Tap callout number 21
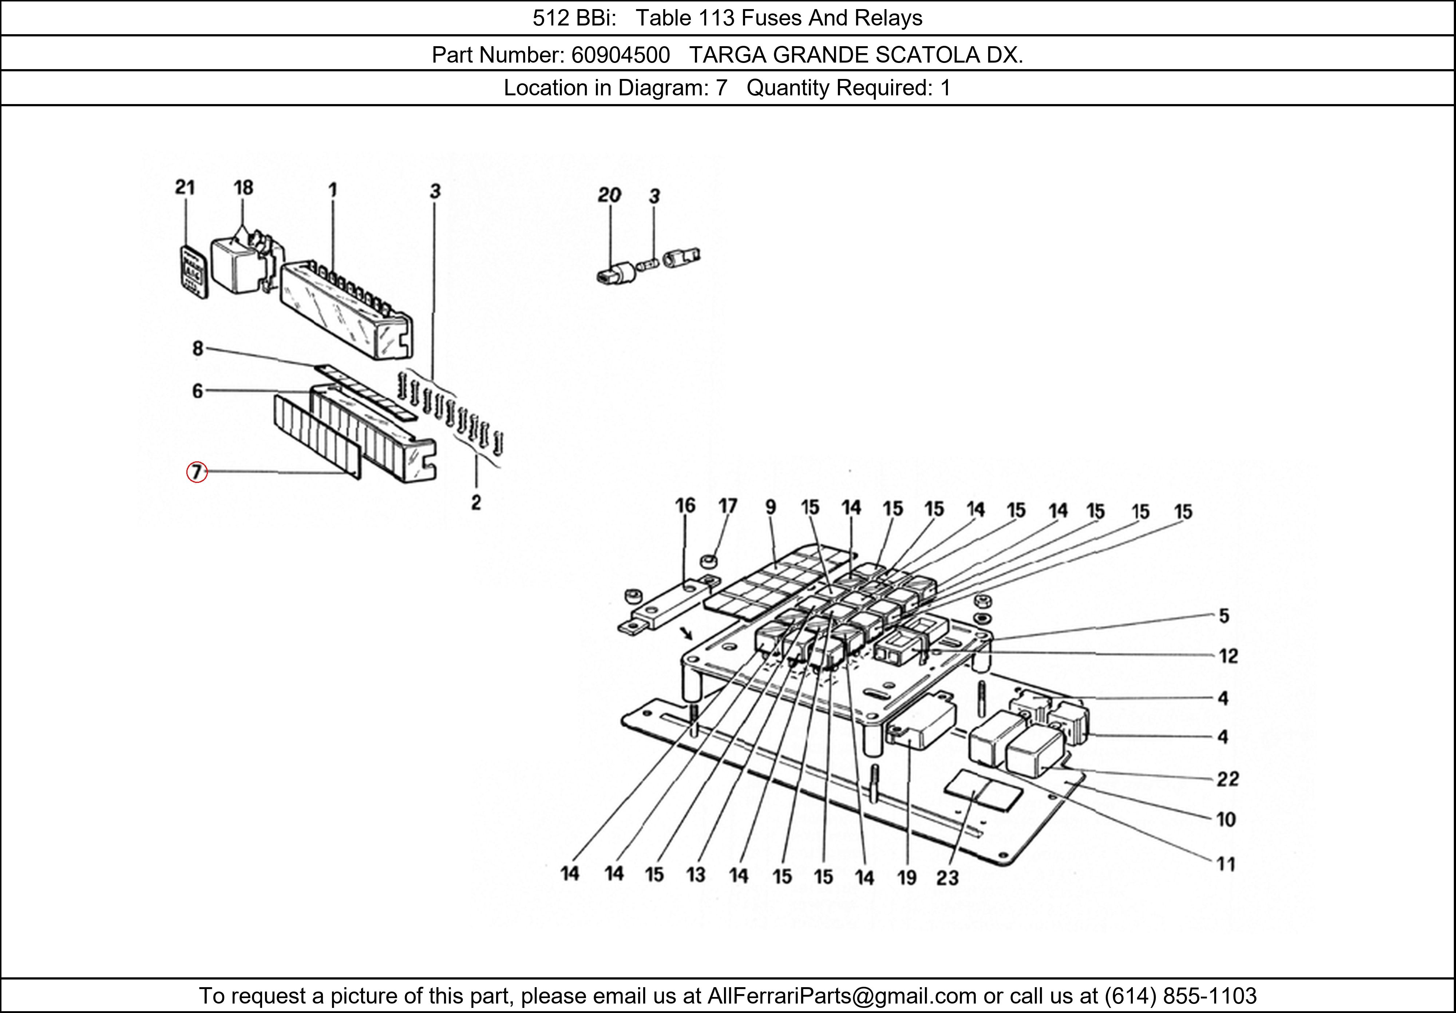coord(185,188)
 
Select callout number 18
coord(243,188)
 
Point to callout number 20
coord(609,195)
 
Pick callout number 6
coord(198,391)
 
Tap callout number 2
coord(476,503)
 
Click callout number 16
coord(685,506)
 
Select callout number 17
coord(727,506)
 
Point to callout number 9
coord(771,507)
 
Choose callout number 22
coord(1227,778)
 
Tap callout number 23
coord(947,878)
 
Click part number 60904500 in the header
coord(620,56)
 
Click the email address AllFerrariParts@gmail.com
coord(842,996)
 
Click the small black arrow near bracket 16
coord(685,633)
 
